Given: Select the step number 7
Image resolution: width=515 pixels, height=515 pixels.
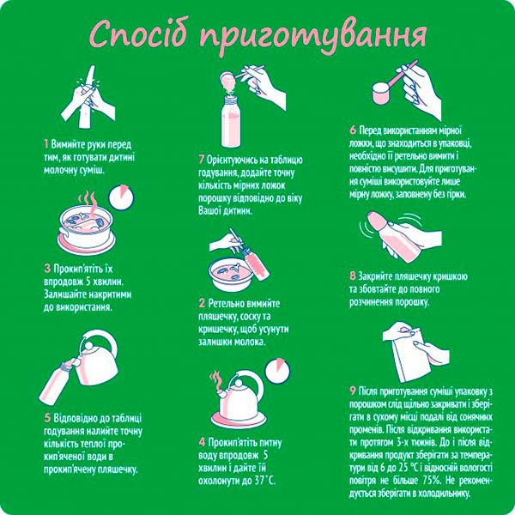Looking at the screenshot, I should pos(201,159).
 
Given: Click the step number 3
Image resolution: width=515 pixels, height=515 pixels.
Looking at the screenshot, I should pos(45,268).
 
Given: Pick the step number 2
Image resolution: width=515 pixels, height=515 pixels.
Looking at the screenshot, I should pos(201,303).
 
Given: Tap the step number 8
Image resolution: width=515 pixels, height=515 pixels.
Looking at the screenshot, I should pos(352,276).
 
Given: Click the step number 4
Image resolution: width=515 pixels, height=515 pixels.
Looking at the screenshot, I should pos(201,441).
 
